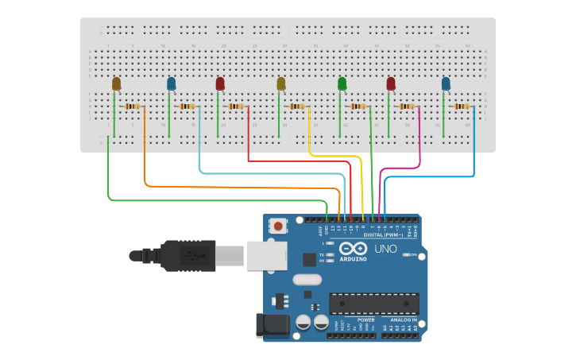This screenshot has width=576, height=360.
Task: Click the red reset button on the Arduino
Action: [278, 226]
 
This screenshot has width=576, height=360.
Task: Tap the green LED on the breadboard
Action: [342, 83]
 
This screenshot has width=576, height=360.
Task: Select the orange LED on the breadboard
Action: [116, 83]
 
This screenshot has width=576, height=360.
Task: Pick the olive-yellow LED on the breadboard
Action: [280, 83]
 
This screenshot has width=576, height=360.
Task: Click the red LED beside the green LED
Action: [391, 83]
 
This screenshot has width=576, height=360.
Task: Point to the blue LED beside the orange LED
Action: [171, 83]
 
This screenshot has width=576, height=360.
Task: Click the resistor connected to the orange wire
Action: [133, 106]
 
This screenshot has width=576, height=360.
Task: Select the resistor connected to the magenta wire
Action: [408, 106]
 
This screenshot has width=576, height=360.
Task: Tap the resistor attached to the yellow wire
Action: [297, 106]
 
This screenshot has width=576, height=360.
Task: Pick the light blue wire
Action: [270, 172]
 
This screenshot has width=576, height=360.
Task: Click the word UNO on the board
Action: [385, 249]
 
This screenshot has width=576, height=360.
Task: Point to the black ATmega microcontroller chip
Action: [373, 304]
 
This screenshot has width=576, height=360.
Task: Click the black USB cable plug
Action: [187, 255]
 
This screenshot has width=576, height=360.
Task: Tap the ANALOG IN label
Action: [403, 319]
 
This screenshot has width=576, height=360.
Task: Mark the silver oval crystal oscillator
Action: [306, 279]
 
